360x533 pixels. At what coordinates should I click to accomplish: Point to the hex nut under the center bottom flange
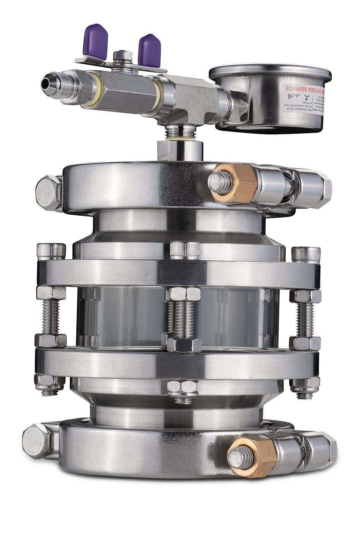tap(183, 390)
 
